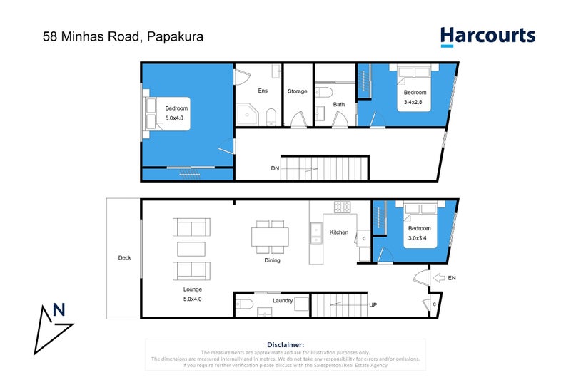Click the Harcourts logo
click(x=487, y=36)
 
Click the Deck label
click(x=125, y=258)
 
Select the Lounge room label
click(x=192, y=289)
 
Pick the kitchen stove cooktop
click(x=342, y=207)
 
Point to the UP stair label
click(x=373, y=305)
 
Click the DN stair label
click(x=275, y=169)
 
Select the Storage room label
click(x=298, y=91)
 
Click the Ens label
click(x=262, y=91)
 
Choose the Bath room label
click(x=338, y=105)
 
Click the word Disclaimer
click(x=285, y=344)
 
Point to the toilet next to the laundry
click(x=243, y=304)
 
